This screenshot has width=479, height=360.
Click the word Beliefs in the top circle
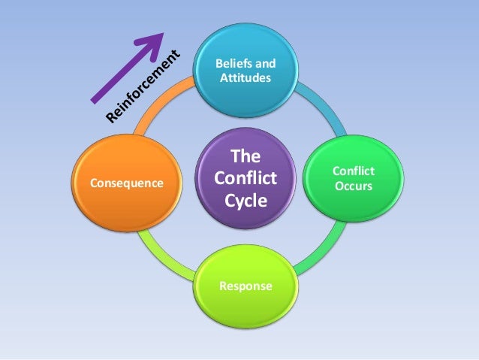pyautogui.click(x=230, y=63)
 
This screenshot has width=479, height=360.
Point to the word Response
pyautogui.click(x=246, y=286)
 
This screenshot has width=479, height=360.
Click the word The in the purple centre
pyautogui.click(x=244, y=157)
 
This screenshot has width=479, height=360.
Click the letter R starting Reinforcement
pyautogui.click(x=112, y=117)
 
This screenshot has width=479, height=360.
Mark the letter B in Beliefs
pyautogui.click(x=218, y=63)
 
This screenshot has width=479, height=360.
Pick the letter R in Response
pyautogui.click(x=223, y=286)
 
